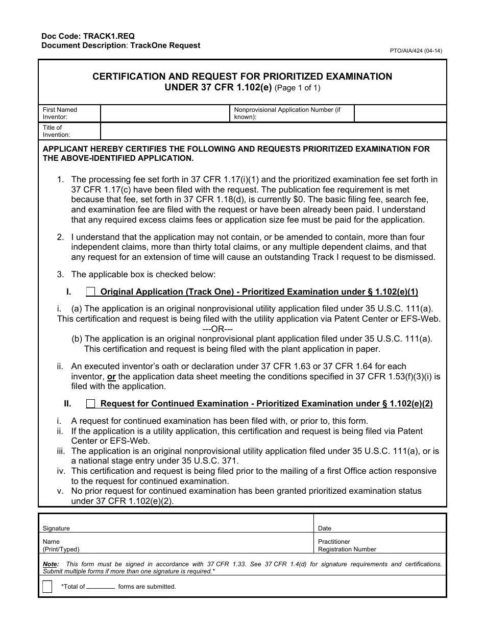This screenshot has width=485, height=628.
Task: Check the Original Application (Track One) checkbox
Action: click(x=90, y=292)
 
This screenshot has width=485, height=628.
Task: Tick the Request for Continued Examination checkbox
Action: click(x=90, y=404)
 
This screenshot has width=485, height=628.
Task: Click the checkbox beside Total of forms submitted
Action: click(x=47, y=587)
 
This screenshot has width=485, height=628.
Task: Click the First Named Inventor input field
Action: click(x=165, y=113)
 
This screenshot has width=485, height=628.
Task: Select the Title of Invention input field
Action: click(x=273, y=131)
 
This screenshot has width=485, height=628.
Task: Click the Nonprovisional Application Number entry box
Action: click(x=400, y=113)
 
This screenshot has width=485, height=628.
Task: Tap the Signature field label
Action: click(x=56, y=528)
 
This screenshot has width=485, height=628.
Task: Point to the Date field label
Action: click(x=325, y=528)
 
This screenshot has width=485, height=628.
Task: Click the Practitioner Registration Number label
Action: click(x=347, y=545)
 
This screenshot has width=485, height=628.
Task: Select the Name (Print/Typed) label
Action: click(x=61, y=545)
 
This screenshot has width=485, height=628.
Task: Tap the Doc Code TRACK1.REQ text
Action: click(x=88, y=36)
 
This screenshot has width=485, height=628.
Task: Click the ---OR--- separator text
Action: click(x=217, y=329)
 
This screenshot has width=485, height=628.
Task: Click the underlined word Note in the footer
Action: click(x=51, y=564)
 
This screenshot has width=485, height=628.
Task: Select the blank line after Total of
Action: click(x=101, y=587)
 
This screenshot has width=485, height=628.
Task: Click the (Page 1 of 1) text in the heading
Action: click(x=298, y=88)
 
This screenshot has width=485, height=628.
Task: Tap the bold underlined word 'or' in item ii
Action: click(x=111, y=377)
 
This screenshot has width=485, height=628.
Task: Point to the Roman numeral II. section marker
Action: click(x=67, y=404)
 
